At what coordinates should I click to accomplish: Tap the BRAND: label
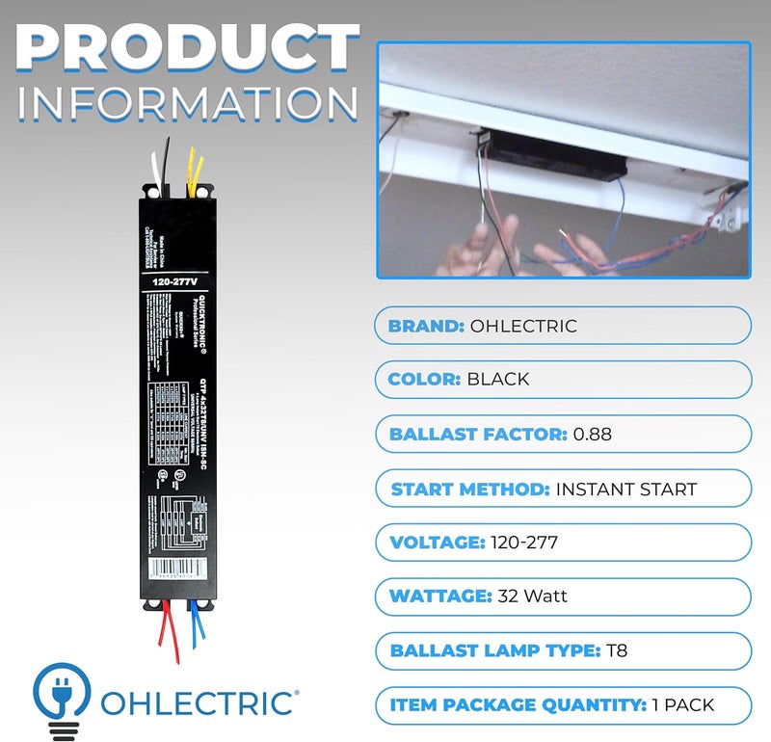pyautogui.click(x=425, y=326)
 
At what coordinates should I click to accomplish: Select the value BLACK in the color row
pyautogui.click(x=498, y=379)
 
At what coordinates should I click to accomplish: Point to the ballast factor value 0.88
pyautogui.click(x=592, y=435)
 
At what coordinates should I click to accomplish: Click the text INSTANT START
pyautogui.click(x=625, y=490)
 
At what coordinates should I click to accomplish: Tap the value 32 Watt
pyautogui.click(x=532, y=596)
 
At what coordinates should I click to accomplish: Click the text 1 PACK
pyautogui.click(x=683, y=704)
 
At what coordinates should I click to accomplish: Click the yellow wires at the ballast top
pyautogui.click(x=196, y=169)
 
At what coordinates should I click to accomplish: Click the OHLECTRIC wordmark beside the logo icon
pyautogui.click(x=198, y=702)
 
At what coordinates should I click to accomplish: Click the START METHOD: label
pyautogui.click(x=469, y=490)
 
